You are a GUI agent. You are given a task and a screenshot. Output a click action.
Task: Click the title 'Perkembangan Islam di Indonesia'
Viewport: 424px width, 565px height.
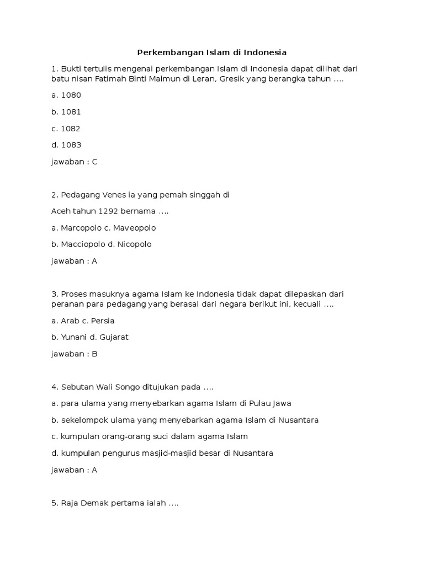(212, 53)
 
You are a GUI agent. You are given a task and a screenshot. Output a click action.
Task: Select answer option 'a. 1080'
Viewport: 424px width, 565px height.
(66, 95)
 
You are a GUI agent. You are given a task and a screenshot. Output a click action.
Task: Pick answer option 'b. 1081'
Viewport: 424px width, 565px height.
(66, 111)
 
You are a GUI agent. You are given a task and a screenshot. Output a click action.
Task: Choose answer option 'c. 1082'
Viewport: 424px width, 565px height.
(66, 129)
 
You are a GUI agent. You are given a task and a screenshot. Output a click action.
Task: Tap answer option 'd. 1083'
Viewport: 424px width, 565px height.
(66, 145)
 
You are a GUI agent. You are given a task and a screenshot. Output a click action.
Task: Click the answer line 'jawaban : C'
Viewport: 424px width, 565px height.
(74, 162)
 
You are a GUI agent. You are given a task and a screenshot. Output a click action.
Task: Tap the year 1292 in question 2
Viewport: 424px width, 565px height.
(107, 211)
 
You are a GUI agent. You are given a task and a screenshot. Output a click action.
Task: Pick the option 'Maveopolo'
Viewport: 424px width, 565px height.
(135, 227)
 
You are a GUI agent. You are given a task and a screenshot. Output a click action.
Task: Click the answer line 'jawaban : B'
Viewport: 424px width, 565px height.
(74, 354)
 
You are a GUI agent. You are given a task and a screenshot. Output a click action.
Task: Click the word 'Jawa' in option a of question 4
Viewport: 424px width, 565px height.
(282, 403)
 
